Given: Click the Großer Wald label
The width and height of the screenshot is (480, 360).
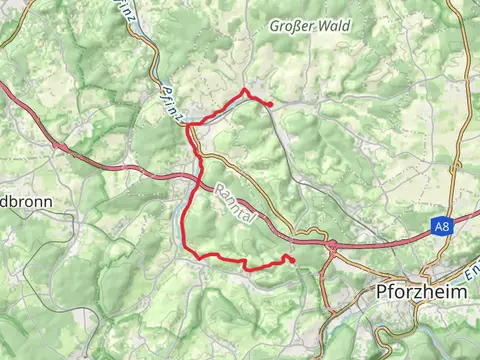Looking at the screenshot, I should [310, 27].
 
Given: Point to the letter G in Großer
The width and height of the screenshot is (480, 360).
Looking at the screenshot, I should [275, 27].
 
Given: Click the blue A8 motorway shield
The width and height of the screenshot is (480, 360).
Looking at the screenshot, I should [443, 227].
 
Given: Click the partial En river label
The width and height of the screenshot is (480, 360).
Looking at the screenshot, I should [471, 271].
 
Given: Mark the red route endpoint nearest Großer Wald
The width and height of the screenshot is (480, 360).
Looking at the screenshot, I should [270, 103].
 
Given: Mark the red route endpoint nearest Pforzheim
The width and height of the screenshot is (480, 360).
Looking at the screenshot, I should [293, 262].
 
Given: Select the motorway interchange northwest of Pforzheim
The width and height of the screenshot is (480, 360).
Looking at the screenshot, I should [330, 243].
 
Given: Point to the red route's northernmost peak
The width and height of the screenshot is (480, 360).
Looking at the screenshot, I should [245, 91].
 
